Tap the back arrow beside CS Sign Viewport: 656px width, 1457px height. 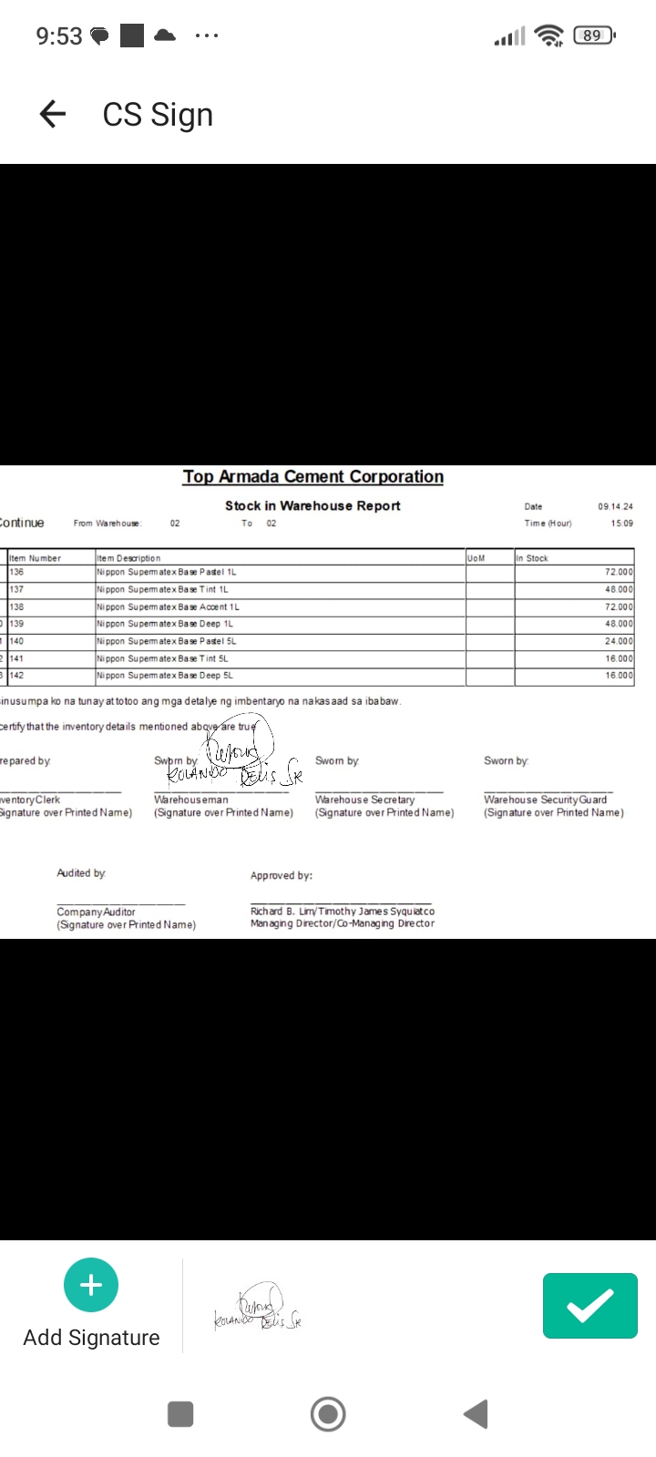click(x=53, y=114)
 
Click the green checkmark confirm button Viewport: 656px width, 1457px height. click(x=589, y=1306)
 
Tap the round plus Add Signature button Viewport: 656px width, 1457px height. click(x=91, y=1285)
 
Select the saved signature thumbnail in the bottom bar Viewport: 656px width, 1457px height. click(x=258, y=1309)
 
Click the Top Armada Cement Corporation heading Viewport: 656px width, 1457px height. click(x=313, y=476)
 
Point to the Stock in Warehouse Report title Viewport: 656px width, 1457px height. click(x=313, y=505)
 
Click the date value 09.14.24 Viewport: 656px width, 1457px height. click(x=615, y=506)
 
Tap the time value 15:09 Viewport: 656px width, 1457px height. click(x=621, y=524)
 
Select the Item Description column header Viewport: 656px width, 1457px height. click(x=128, y=558)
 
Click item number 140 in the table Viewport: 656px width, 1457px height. click(x=17, y=641)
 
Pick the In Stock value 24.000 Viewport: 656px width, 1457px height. click(x=618, y=641)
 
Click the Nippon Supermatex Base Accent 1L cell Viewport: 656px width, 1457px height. click(x=168, y=606)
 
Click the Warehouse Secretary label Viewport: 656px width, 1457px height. click(x=364, y=800)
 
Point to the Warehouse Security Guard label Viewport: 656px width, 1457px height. click(x=545, y=800)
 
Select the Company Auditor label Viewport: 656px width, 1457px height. click(x=96, y=912)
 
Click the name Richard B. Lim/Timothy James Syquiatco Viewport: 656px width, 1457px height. click(x=342, y=911)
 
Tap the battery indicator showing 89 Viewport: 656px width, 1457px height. click(x=593, y=36)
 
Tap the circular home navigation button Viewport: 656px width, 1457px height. click(x=328, y=1414)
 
